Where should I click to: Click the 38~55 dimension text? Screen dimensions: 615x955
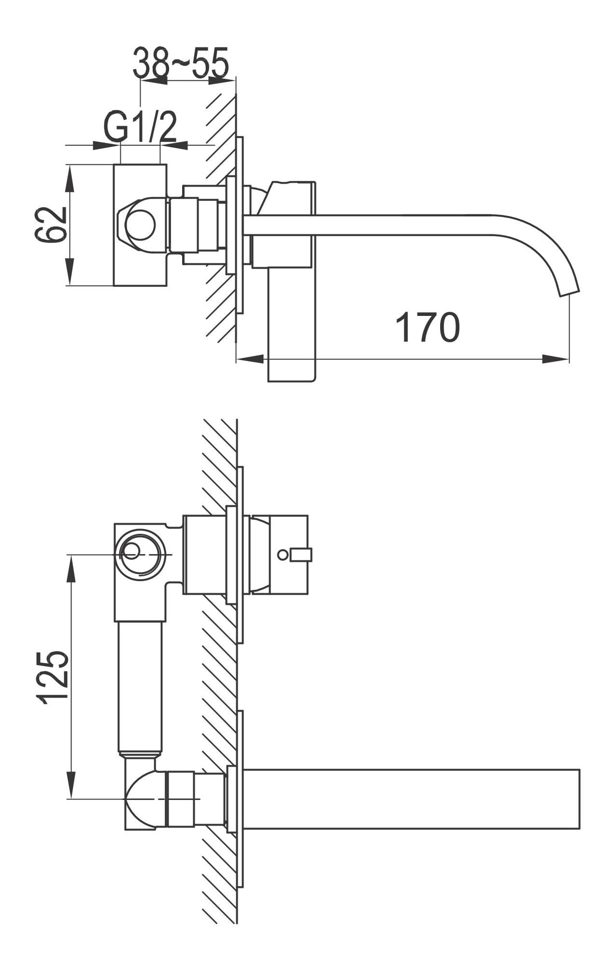[181, 63]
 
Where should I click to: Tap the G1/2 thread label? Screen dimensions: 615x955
[140, 127]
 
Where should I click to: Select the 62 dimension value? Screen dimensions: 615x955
[51, 225]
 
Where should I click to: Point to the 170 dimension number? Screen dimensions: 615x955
[428, 327]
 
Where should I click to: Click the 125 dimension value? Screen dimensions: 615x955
[52, 677]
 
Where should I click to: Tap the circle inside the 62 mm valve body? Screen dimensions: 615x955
[140, 226]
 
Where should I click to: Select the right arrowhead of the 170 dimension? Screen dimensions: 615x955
[556, 359]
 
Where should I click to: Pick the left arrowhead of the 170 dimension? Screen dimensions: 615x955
[250, 359]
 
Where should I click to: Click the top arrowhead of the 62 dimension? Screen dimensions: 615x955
[70, 178]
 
